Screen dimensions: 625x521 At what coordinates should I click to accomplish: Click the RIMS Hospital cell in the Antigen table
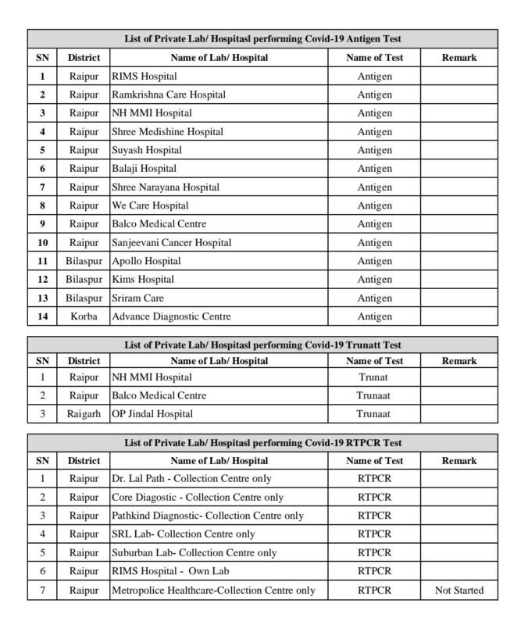pyautogui.click(x=145, y=77)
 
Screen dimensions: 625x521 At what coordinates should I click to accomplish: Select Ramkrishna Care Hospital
pyautogui.click(x=169, y=95)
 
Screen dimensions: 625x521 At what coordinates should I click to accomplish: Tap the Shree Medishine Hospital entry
pyautogui.click(x=167, y=132)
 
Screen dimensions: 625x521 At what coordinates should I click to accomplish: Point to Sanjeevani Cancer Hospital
pyautogui.click(x=171, y=243)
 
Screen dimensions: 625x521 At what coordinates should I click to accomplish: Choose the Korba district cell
pyautogui.click(x=84, y=316)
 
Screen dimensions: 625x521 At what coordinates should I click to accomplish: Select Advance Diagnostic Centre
pyautogui.click(x=171, y=316)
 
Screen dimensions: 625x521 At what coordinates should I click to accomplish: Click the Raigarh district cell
pyautogui.click(x=84, y=413)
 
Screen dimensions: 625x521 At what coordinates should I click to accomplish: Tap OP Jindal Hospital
pyautogui.click(x=152, y=413)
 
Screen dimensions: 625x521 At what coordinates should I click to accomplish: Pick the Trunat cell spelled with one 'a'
pyautogui.click(x=374, y=377)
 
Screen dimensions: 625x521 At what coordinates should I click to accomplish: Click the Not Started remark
pyautogui.click(x=459, y=590)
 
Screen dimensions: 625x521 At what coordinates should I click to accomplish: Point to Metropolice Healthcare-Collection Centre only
pyautogui.click(x=214, y=590)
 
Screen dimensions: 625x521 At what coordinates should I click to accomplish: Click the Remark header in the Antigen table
pyautogui.click(x=459, y=58)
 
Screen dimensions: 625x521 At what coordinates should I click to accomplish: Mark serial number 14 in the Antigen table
pyautogui.click(x=42, y=316)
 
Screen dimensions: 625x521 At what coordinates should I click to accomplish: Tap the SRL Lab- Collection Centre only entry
pyautogui.click(x=184, y=534)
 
